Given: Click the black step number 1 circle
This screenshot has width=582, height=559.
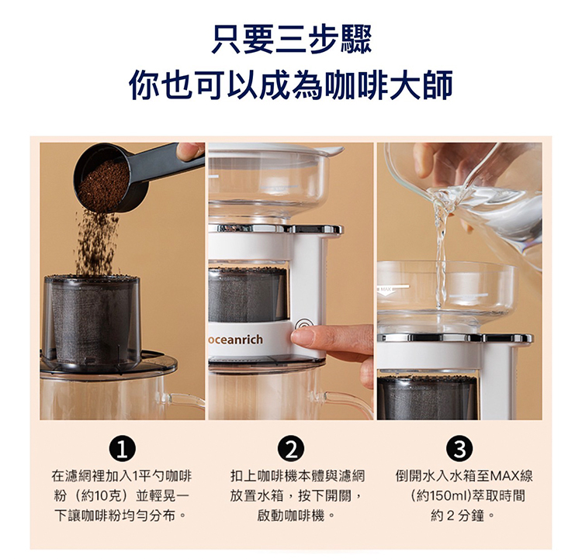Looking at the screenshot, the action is pos(122,449).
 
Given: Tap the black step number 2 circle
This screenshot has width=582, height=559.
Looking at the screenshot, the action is pos(291,449).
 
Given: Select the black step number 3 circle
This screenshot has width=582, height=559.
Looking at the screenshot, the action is pos(460,449).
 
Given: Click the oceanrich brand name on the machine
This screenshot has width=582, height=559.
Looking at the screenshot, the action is pos(236,340).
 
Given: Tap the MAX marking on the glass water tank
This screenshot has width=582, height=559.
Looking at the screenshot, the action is pos(385,288).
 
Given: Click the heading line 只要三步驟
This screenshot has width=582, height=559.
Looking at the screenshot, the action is pos(291,39).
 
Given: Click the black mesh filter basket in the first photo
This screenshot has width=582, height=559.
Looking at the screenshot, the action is pos(92,323).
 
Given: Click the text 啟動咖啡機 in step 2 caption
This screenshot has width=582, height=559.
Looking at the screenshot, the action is pos(291,516).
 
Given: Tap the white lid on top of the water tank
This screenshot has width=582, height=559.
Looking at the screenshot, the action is pos(276,147).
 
